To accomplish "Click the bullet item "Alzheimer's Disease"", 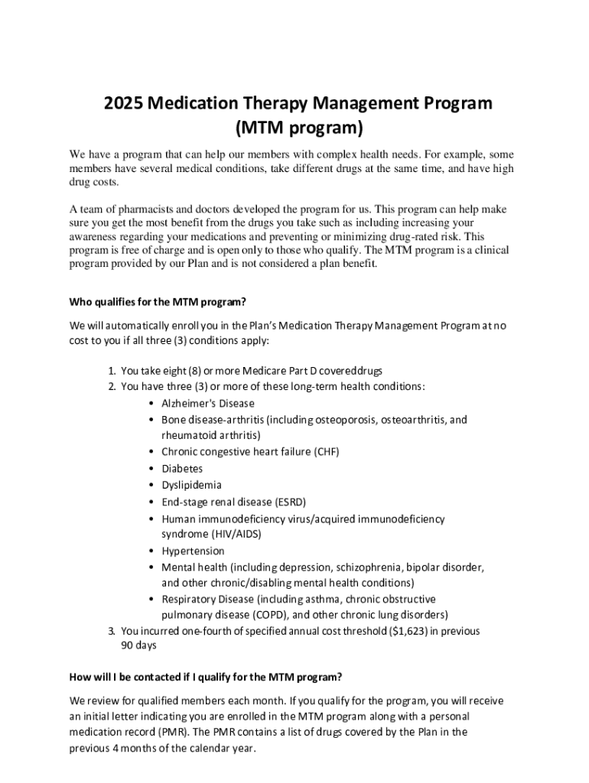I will point(208,403).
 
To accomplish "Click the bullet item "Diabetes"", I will point(182,469).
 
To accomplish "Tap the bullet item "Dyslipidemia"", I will point(191,485).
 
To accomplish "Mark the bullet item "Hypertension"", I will point(193,551).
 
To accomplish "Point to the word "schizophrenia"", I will point(366,567).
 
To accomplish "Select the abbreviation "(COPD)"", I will point(269,614).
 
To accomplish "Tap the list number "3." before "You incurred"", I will point(112,631).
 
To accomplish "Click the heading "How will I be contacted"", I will point(205,677).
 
